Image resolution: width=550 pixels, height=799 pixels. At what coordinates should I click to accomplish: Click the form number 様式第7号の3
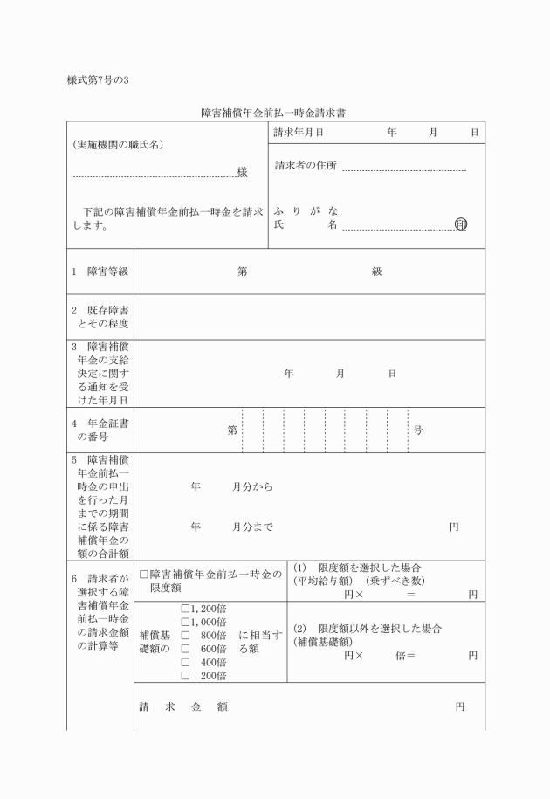pos(99,81)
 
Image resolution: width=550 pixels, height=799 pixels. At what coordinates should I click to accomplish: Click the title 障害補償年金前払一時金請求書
pos(275,114)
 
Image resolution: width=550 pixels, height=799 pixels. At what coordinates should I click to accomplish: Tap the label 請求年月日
pos(299,133)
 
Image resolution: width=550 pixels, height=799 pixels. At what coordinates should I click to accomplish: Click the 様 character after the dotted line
pos(242,172)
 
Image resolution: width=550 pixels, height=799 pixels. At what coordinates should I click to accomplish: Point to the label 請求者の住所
pos(306,166)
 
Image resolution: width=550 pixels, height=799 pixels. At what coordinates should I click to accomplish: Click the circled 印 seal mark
pos(461,224)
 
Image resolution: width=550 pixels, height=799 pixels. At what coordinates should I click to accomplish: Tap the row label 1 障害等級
pos(100,272)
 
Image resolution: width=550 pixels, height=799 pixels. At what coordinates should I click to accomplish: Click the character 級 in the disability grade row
pos(377,272)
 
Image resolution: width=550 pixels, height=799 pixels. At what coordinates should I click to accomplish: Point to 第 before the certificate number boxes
pos(232,430)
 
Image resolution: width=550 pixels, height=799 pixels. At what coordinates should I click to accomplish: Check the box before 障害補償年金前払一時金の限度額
pos(144,575)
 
